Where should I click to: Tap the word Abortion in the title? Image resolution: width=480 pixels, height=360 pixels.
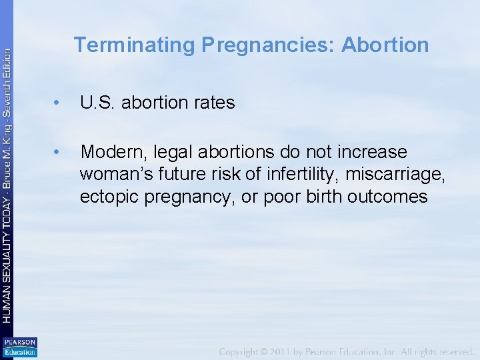[x=385, y=45]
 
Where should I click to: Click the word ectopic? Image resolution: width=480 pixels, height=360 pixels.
[x=107, y=197]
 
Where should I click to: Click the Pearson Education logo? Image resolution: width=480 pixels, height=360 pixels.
[x=20, y=347]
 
